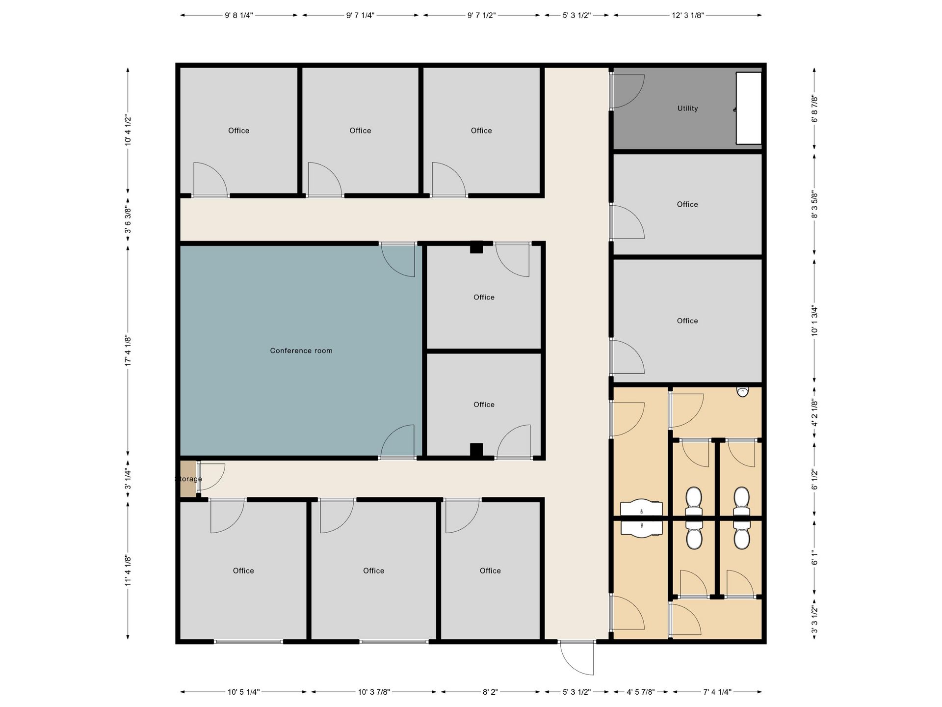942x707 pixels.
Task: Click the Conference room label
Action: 301,351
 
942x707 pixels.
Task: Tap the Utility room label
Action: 687,108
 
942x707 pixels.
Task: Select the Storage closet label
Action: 188,479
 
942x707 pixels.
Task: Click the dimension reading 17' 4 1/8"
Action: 128,351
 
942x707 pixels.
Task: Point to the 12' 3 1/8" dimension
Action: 688,15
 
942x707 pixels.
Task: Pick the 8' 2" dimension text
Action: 490,692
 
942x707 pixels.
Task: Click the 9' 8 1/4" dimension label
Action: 239,15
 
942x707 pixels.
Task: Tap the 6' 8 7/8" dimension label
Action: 814,109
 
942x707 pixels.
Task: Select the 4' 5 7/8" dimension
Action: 641,692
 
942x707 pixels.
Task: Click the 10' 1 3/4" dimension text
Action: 814,321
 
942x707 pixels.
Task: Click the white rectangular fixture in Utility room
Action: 749,109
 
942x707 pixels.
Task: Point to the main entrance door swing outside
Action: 577,657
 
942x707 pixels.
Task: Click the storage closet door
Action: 211,477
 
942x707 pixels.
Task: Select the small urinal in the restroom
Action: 743,392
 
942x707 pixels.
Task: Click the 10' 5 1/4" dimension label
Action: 243,692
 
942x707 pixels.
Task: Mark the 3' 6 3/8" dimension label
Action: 128,218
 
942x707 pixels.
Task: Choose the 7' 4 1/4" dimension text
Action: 717,692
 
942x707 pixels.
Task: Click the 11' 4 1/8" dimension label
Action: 128,571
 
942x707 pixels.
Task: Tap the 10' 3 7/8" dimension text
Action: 374,692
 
